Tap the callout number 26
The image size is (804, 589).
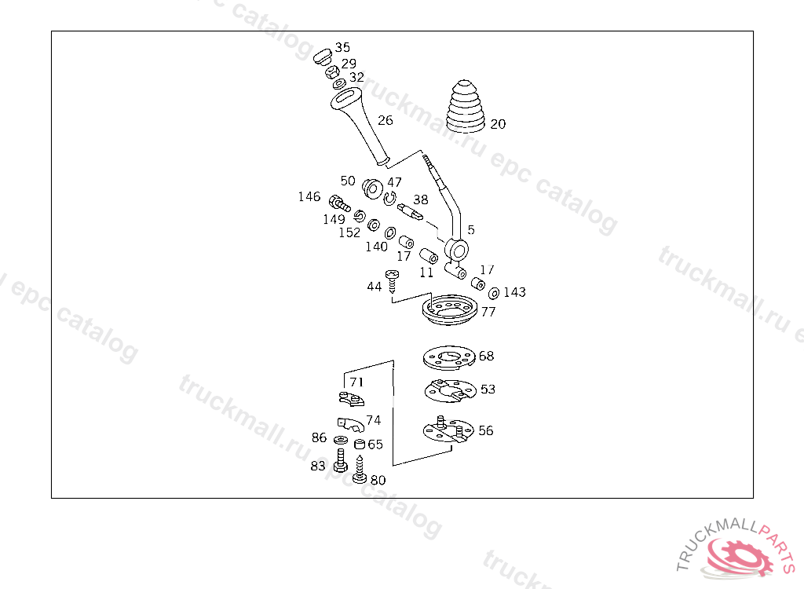pos(385,120)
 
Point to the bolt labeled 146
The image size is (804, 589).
pos(338,202)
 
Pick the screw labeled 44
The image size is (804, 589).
pos(393,280)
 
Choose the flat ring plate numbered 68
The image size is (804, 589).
pos(448,358)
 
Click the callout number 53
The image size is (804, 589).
pos(488,389)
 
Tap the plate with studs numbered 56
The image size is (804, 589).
pos(446,430)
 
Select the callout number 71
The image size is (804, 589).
pos(357,382)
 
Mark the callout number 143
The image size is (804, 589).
pos(514,292)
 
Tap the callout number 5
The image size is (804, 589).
pos(471,230)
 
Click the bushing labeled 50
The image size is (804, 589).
pos(372,189)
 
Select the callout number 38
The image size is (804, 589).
pos(421,199)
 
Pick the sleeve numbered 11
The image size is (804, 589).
pos(429,257)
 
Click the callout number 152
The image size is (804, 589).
pos(349,232)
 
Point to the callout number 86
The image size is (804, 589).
pos(319,437)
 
